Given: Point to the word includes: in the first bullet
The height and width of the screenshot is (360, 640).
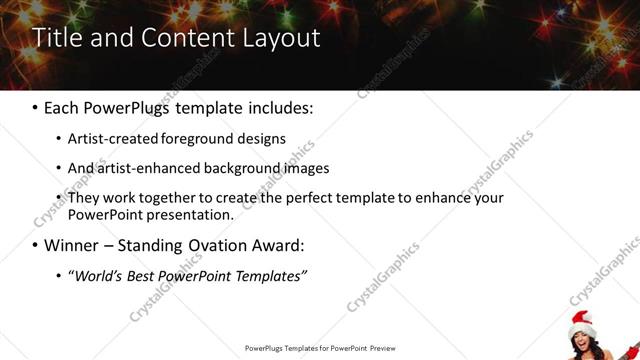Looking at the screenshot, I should coord(276,106).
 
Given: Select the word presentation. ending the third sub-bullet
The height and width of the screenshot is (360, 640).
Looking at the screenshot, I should coord(192,214).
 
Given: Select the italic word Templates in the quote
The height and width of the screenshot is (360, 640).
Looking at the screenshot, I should coord(269,275).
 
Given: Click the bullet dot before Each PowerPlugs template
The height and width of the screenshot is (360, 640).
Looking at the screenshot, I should coord(35,106).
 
